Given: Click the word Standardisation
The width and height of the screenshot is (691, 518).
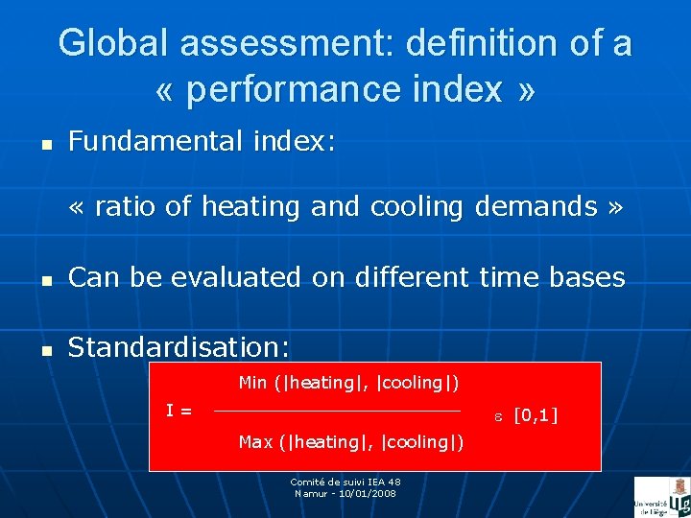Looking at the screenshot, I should click(179, 346).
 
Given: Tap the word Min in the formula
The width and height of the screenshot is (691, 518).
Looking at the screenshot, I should click(253, 383).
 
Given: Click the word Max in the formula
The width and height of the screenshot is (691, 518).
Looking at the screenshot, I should click(255, 442).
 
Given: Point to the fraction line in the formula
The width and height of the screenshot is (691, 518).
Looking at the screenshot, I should click(336, 412).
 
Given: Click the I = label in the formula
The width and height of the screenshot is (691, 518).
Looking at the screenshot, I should click(179, 412).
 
